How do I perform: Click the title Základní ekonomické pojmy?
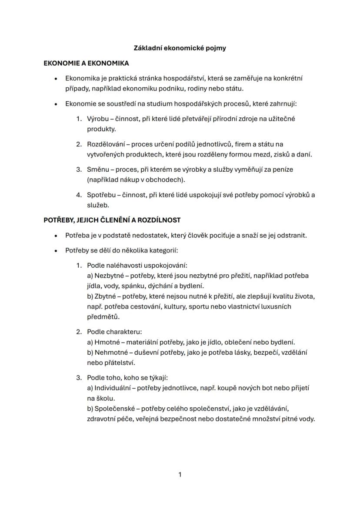[180, 48]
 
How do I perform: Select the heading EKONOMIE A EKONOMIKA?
[86, 63]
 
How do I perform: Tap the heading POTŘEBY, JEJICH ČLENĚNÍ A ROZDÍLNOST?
[112, 220]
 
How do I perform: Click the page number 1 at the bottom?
[180, 475]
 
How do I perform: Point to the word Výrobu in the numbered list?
[98, 119]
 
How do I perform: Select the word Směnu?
[98, 170]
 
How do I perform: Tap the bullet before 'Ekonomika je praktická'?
[55, 79]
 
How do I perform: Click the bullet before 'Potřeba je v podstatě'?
[55, 236]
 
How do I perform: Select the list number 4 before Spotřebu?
[79, 195]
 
